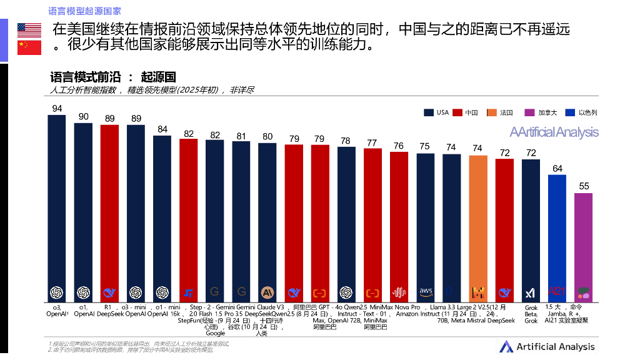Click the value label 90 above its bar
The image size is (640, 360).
tap(83, 116)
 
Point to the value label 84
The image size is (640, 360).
tap(162, 129)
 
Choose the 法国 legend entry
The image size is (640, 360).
tap(500, 112)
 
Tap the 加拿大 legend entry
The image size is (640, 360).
tap(537, 112)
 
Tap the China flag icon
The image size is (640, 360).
tap(29, 47)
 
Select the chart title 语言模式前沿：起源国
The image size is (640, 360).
tap(113, 77)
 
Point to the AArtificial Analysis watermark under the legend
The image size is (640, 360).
tap(554, 132)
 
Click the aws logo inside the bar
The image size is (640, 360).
tap(426, 291)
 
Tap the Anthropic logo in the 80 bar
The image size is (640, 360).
tap(267, 292)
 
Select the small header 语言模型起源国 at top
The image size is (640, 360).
tap(85, 10)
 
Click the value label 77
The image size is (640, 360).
tap(372, 142)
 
